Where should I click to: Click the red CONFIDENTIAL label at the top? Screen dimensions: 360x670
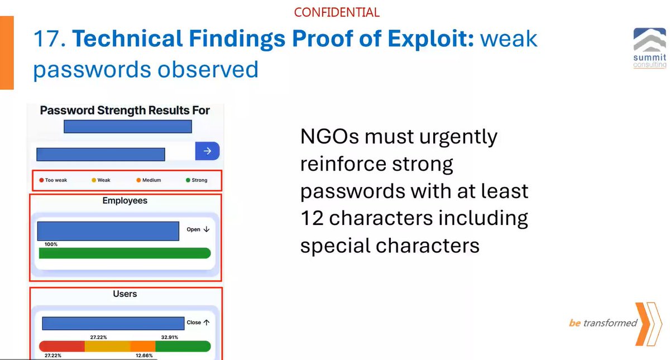point(336,12)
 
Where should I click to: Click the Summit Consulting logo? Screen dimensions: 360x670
point(649,49)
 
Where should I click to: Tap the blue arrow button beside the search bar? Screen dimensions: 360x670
point(207,151)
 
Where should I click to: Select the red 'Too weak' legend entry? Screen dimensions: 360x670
point(53,180)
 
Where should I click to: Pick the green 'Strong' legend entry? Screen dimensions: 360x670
point(196,180)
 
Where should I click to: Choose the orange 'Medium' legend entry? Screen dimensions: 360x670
point(148,180)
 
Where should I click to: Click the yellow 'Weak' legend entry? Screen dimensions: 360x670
point(101,180)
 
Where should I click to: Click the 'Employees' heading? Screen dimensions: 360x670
point(125,200)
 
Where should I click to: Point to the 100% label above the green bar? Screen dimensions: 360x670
point(51,244)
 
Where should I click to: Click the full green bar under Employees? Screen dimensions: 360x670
point(125,253)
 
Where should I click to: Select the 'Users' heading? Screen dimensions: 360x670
point(125,294)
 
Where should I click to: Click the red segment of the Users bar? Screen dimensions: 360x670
point(61,346)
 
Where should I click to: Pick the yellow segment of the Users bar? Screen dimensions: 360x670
point(107,346)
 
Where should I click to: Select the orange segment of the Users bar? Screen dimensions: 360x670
point(142,346)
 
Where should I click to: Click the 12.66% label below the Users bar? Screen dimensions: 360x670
point(145,356)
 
